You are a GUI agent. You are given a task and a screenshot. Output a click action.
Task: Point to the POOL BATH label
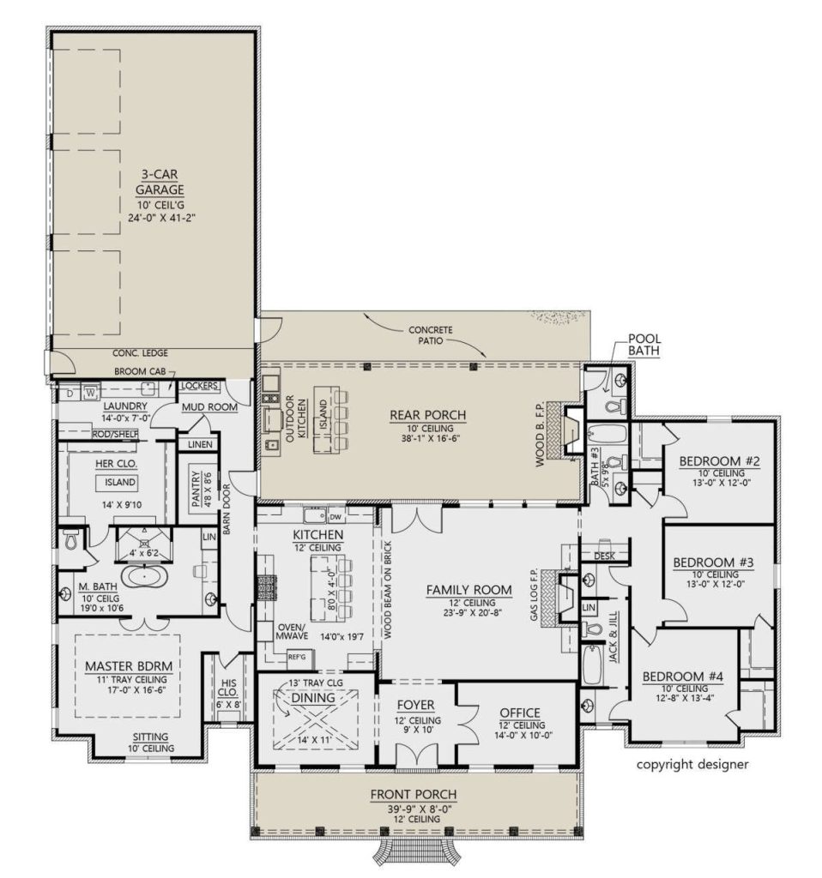pos(644,343)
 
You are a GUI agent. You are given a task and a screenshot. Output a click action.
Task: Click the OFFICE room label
pos(519,713)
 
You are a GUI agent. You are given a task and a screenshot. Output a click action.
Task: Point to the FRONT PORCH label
pos(414,794)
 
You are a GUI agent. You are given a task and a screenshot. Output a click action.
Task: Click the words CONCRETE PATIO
pos(430,335)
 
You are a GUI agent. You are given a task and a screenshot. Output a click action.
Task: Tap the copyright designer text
pos(692,764)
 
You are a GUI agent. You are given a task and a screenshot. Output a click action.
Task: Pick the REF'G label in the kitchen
pos(297,656)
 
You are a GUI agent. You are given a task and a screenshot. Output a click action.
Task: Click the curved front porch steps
pos(414,852)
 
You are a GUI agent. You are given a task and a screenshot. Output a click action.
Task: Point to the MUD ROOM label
pos(209,407)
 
